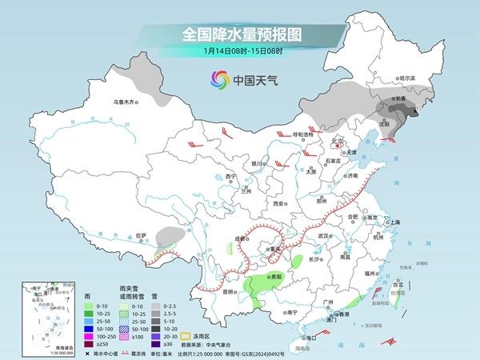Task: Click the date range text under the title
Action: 239,54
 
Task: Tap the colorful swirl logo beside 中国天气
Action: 219,80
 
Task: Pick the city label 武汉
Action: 323,236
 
